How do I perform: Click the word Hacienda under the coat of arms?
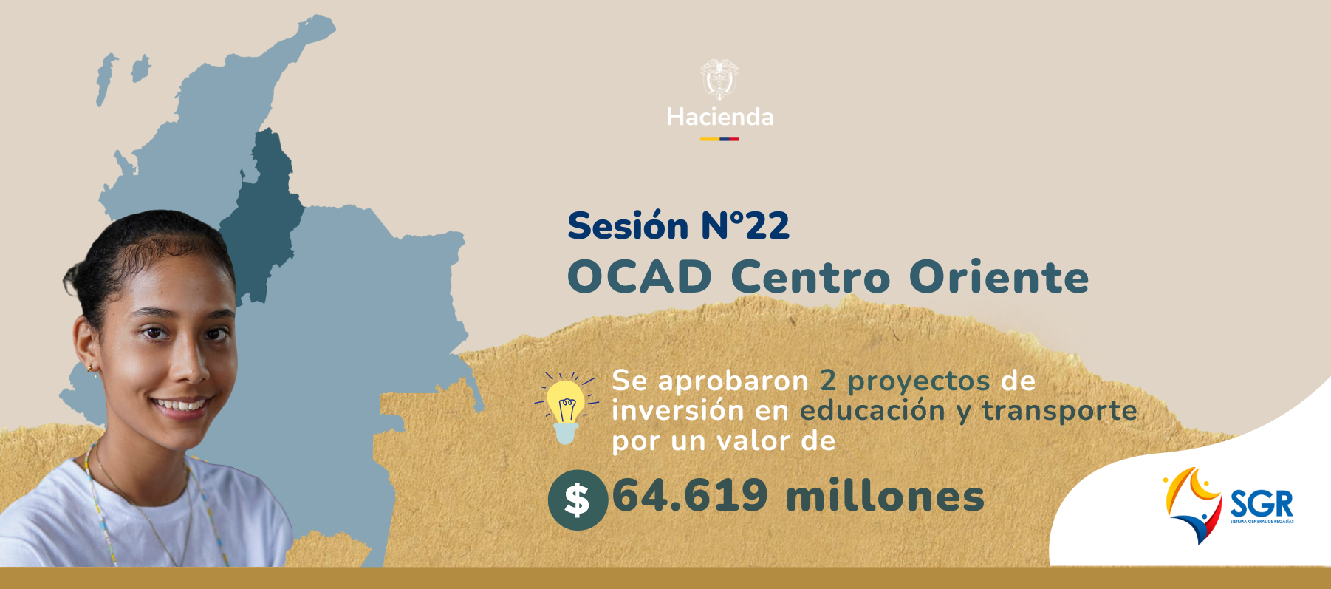pyautogui.click(x=720, y=117)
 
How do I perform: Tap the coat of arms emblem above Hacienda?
pyautogui.click(x=719, y=79)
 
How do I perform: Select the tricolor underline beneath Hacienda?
pyautogui.click(x=720, y=139)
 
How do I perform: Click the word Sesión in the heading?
pyautogui.click(x=628, y=225)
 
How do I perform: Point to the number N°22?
pyautogui.click(x=745, y=225)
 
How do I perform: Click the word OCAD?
pyautogui.click(x=640, y=277)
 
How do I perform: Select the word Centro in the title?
pyautogui.click(x=810, y=277)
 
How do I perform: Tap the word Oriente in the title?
pyautogui.click(x=999, y=277)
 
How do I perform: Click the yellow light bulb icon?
pyautogui.click(x=566, y=408)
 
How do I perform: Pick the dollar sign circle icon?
pyautogui.click(x=578, y=500)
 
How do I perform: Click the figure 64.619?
pyautogui.click(x=690, y=495)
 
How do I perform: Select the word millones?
pyautogui.click(x=885, y=495)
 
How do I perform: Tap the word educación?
pyautogui.click(x=872, y=410)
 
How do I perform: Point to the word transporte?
pyautogui.click(x=1059, y=411)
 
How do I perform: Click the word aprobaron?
pyautogui.click(x=733, y=381)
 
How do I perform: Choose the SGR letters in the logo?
pyautogui.click(x=1262, y=505)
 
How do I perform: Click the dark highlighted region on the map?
pyautogui.click(x=262, y=214)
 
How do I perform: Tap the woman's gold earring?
pyautogui.click(x=91, y=367)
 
